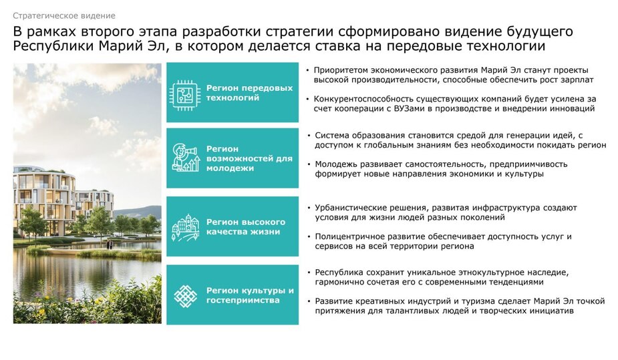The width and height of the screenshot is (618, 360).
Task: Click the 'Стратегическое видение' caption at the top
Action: [x=64, y=16]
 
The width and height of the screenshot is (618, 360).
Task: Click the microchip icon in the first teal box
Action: [x=184, y=95]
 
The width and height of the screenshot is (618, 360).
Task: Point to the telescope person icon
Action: [x=185, y=158]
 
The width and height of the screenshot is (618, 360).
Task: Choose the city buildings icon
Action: [x=185, y=227]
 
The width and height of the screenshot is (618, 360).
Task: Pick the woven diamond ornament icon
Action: [x=185, y=296]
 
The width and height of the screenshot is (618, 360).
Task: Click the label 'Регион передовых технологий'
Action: [x=249, y=93]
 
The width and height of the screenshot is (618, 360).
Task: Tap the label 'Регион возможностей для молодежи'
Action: [x=249, y=158]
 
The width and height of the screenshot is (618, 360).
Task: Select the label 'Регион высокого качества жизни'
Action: [x=246, y=227]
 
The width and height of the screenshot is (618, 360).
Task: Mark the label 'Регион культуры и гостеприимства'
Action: [x=250, y=295]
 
